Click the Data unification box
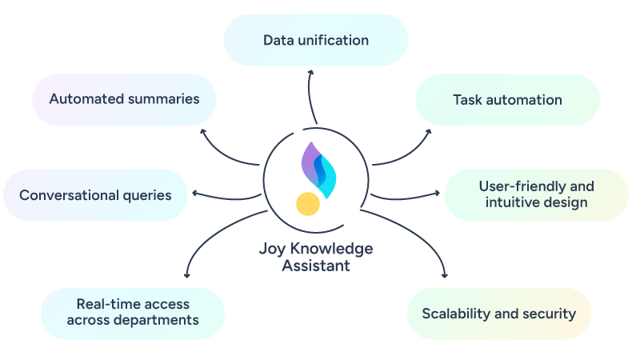click(316, 40)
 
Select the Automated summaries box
click(124, 99)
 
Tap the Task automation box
click(507, 100)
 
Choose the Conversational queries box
click(95, 194)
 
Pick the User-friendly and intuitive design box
click(536, 194)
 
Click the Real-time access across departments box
click(133, 312)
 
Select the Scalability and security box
click(498, 313)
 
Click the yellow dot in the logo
click(308, 204)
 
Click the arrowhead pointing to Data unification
click(311, 72)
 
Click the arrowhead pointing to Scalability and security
click(445, 275)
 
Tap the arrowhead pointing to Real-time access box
click(186, 275)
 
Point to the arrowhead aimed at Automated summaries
click(202, 130)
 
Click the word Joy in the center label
click(272, 248)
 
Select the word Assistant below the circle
click(316, 266)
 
